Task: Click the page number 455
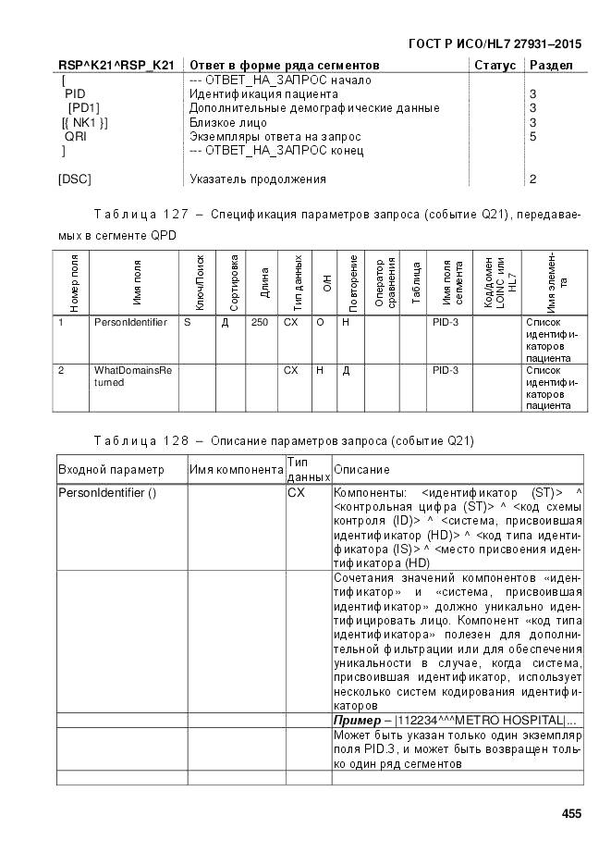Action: (571, 813)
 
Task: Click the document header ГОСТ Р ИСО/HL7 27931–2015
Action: (495, 44)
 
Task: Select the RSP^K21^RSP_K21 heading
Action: (116, 66)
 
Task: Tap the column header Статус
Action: (495, 66)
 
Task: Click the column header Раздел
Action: (551, 66)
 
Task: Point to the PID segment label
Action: (75, 94)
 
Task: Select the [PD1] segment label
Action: (83, 108)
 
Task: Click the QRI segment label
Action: (76, 136)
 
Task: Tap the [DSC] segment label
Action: (75, 179)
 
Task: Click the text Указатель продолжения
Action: (257, 179)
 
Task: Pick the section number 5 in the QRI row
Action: (532, 136)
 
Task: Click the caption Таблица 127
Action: (153, 215)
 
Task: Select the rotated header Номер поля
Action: (74, 283)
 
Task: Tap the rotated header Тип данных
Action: (298, 283)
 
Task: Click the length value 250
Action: (260, 323)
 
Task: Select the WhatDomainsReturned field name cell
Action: (132, 376)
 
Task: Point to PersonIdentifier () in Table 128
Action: (107, 493)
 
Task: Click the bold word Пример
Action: (354, 720)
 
